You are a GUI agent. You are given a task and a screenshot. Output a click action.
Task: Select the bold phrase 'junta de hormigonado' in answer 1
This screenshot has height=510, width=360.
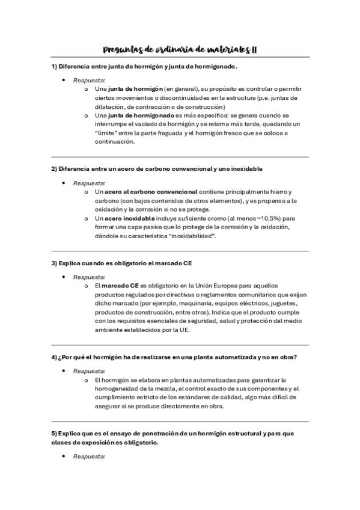click(136, 115)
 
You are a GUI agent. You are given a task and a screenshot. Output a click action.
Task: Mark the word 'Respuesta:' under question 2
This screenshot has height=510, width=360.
click(89, 183)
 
